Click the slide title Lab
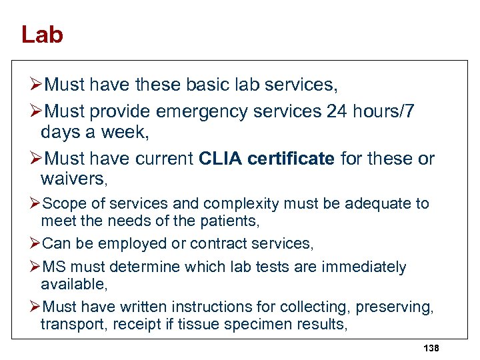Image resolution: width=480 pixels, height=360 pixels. click(42, 35)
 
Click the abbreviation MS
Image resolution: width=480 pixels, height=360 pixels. click(53, 267)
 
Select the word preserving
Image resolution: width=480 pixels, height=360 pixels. click(394, 307)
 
